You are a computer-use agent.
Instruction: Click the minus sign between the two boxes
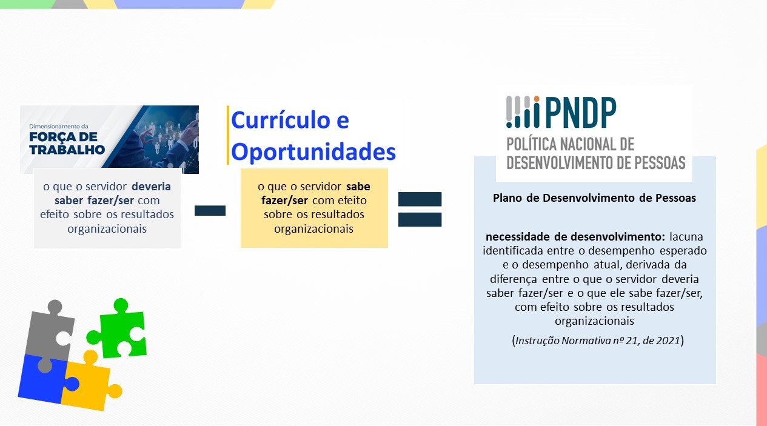pyautogui.click(x=210, y=211)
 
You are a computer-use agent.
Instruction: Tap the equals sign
pyautogui.click(x=420, y=209)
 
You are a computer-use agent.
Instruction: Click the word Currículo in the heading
pyautogui.click(x=290, y=120)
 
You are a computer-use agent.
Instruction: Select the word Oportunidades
pyautogui.click(x=313, y=151)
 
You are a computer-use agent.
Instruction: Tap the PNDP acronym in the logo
pyautogui.click(x=580, y=113)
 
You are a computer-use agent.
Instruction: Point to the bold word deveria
pyautogui.click(x=151, y=186)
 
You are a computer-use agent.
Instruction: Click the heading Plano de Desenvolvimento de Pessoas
pyautogui.click(x=594, y=198)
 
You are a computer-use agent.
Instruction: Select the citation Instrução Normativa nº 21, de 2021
pyautogui.click(x=598, y=341)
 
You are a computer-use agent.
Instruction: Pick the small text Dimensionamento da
pyautogui.click(x=59, y=126)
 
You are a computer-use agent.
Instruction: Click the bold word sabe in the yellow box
pyautogui.click(x=358, y=186)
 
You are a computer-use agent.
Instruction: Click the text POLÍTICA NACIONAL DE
pyautogui.click(x=570, y=144)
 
